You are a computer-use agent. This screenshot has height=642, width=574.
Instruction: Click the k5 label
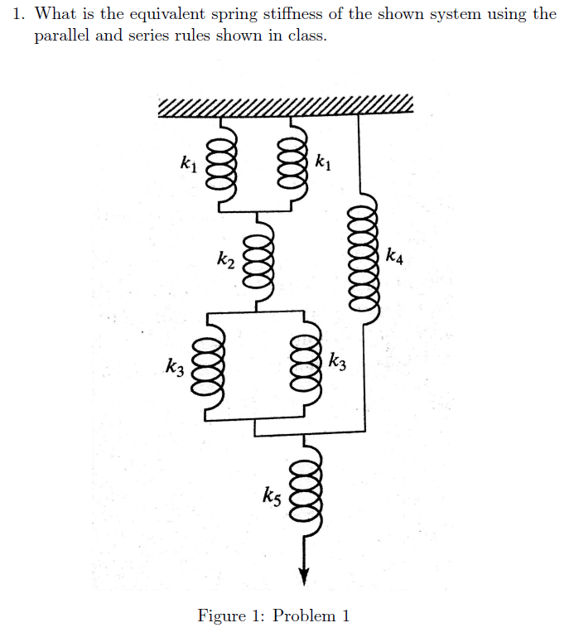(x=272, y=497)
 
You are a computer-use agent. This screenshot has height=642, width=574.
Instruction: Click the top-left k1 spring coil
(x=222, y=162)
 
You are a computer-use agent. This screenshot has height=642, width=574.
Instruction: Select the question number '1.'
(x=20, y=14)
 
